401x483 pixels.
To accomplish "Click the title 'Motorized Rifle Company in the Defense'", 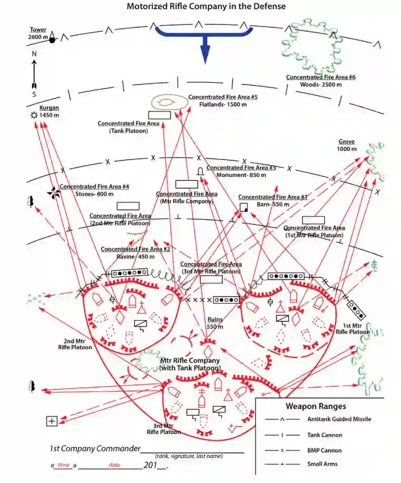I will [x=206, y=7].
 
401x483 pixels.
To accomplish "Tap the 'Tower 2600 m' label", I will [x=38, y=34].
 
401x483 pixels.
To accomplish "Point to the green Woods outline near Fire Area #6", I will [x=312, y=46].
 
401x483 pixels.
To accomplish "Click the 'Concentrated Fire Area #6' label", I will [x=320, y=77].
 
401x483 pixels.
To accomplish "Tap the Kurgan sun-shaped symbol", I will [x=34, y=116].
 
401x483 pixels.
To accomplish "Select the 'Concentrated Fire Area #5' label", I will [x=223, y=97].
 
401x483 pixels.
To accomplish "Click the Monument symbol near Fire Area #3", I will [x=200, y=171].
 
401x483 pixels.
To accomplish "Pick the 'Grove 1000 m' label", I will [x=346, y=145].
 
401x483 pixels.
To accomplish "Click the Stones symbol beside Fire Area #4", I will [x=53, y=192].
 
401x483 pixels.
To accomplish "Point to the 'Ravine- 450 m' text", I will [x=136, y=256].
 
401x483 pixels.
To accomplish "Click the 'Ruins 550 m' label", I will [x=215, y=323].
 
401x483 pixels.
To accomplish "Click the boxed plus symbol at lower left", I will [x=51, y=421].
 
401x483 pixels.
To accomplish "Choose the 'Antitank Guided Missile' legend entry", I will [x=339, y=419].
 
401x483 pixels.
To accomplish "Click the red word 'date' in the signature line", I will [x=114, y=465].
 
